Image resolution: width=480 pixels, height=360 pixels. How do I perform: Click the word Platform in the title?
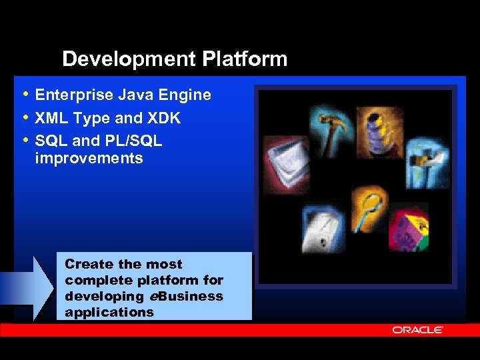click(x=245, y=59)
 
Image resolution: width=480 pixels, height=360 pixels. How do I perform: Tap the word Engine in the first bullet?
click(x=184, y=95)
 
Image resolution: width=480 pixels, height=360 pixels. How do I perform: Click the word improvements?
click(x=89, y=159)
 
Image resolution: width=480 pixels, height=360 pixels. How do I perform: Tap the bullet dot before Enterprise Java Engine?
click(x=25, y=95)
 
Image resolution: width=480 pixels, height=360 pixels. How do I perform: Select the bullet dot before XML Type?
click(x=25, y=118)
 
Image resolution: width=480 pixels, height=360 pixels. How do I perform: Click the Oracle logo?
click(x=417, y=330)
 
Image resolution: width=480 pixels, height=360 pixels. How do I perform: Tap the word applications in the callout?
click(x=109, y=312)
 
